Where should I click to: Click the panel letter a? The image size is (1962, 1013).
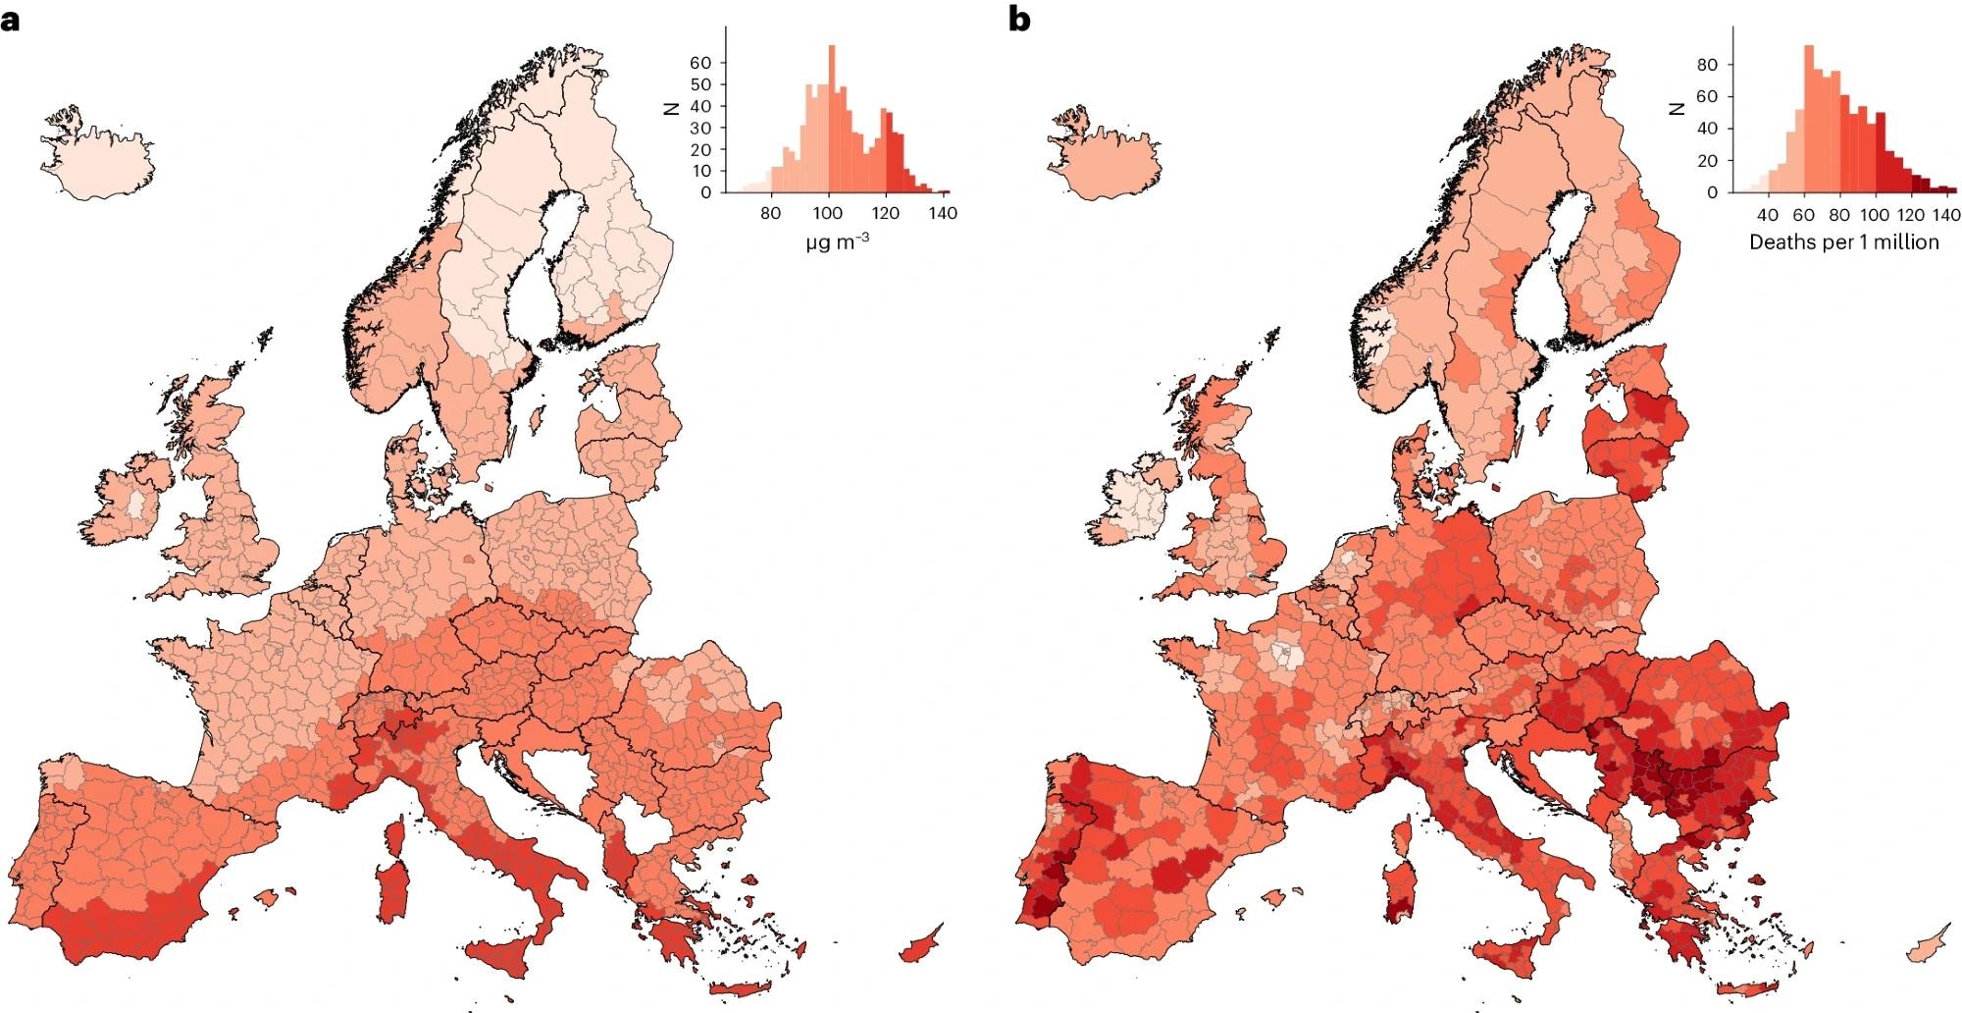pyautogui.click(x=11, y=19)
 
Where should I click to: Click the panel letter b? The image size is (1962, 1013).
pyautogui.click(x=1019, y=19)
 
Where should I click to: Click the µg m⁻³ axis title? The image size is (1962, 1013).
pyautogui.click(x=837, y=241)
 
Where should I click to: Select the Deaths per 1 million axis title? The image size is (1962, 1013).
pyautogui.click(x=1843, y=241)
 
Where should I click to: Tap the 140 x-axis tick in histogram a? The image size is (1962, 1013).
pyautogui.click(x=943, y=213)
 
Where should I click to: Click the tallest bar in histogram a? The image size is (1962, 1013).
pyautogui.click(x=832, y=119)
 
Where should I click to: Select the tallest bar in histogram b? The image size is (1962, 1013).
pyautogui.click(x=1809, y=119)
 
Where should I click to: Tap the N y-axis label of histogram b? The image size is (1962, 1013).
pyautogui.click(x=1677, y=110)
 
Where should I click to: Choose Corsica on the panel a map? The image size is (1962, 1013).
pyautogui.click(x=395, y=836)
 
